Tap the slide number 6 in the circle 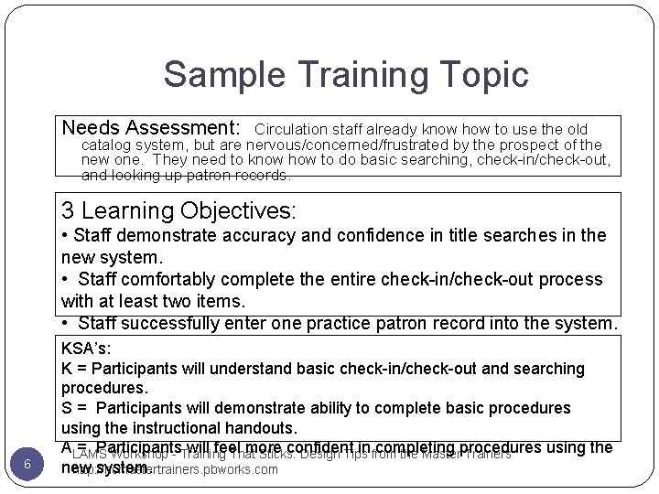27,464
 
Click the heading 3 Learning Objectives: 178,210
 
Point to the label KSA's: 86,349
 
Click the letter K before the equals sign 67,369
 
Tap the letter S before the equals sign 67,407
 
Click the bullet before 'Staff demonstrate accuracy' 64,235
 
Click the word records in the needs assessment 262,175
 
